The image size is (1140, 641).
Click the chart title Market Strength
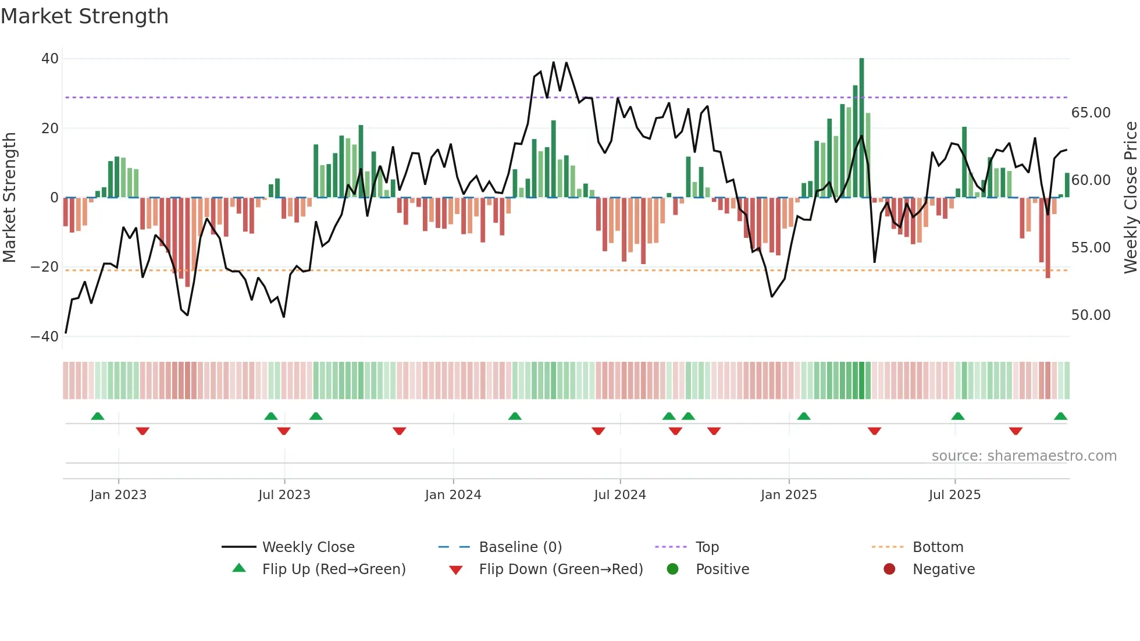tap(84, 16)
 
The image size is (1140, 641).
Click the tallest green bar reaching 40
tap(861, 128)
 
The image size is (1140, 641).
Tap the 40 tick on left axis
tap(50, 59)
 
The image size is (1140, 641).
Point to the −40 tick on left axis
tap(45, 337)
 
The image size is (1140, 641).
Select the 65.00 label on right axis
tap(1091, 113)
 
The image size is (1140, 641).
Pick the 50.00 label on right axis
tap(1091, 315)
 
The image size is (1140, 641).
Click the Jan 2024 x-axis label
tap(453, 495)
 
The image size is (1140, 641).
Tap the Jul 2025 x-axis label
tap(954, 495)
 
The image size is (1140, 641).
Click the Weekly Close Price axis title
tap(1130, 198)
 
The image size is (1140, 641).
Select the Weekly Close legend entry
tap(308, 547)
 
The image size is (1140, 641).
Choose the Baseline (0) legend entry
tap(520, 547)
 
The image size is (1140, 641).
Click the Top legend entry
tap(707, 547)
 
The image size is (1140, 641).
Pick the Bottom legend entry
tap(938, 547)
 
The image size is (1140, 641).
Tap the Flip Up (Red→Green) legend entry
tap(333, 569)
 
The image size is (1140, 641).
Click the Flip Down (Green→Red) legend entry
tap(561, 569)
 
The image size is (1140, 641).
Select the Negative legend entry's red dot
tap(889, 569)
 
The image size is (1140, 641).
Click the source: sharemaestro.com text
tap(1024, 456)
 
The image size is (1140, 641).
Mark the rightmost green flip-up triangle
tap(1060, 416)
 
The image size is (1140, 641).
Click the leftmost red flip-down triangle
tap(142, 431)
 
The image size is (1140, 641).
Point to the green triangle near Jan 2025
tap(804, 416)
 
